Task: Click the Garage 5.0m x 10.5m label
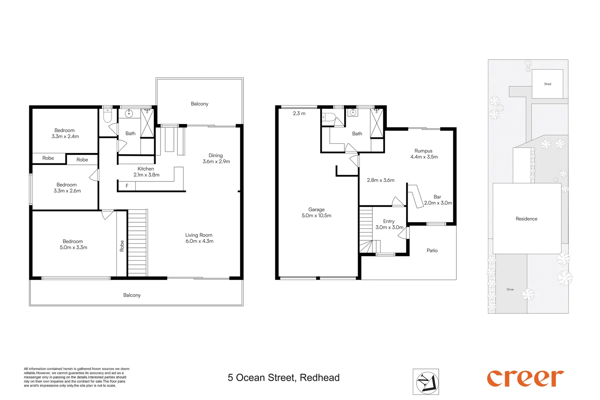316,212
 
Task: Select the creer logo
525,378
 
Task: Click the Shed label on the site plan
547,84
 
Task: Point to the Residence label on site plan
526,219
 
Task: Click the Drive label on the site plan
510,290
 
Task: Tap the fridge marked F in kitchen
127,186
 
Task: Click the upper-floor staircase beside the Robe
137,243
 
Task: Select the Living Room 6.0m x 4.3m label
199,238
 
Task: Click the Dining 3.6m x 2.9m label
216,159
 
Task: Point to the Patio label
432,251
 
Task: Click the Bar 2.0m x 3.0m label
438,200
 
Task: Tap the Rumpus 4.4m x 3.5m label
424,154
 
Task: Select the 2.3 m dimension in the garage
299,113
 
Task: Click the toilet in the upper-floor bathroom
107,116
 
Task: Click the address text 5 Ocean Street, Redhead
284,378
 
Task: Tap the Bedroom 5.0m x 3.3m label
73,244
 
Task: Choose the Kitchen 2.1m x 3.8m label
146,172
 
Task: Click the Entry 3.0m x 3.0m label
389,224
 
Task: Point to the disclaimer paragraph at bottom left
76,377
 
